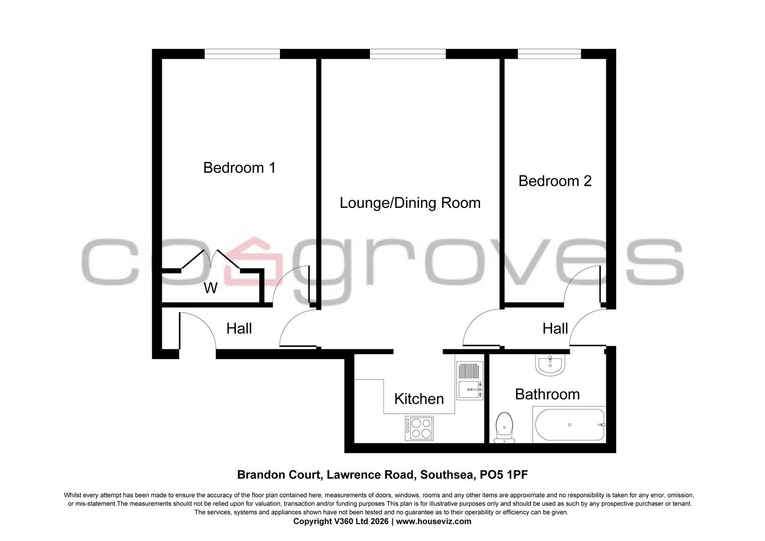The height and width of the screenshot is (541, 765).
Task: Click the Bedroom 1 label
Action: [239, 168]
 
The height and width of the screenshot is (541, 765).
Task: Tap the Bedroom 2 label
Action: [555, 181]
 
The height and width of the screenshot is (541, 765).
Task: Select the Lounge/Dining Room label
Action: [410, 203]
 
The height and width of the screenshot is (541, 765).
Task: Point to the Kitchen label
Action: [419, 399]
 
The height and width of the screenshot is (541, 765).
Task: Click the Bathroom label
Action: [547, 394]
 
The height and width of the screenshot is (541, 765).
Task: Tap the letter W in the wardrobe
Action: [211, 288]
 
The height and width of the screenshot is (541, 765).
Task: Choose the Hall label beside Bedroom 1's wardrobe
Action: [239, 329]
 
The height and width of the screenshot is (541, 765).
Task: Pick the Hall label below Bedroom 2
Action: [555, 329]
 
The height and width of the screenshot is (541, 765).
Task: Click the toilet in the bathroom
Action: [504, 427]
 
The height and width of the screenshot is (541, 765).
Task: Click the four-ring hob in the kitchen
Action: [419, 429]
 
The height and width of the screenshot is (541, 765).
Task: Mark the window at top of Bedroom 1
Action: [242, 54]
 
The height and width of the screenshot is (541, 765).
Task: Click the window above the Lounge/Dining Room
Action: [408, 54]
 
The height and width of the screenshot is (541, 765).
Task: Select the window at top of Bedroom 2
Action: [549, 54]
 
